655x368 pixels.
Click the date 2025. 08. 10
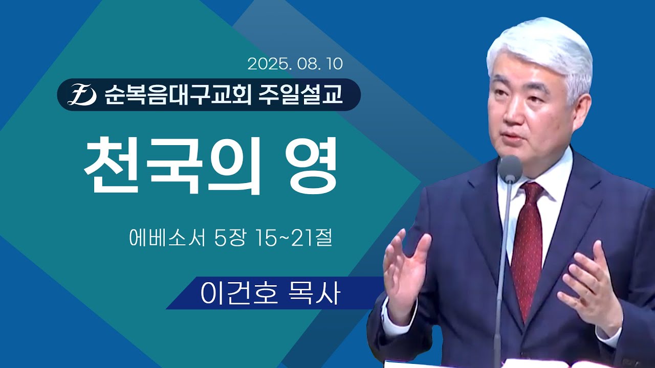click(x=295, y=64)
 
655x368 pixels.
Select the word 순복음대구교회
click(x=177, y=95)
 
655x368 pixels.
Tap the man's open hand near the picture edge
click(x=588, y=286)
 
